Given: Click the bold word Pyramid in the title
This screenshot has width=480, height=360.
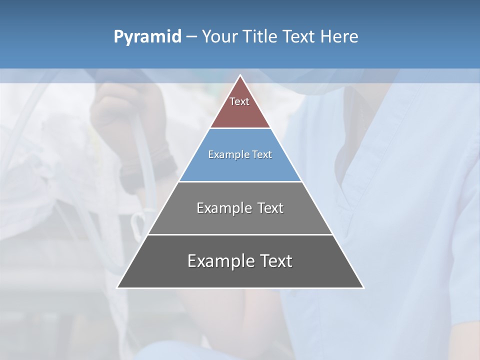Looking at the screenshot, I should coord(147,37).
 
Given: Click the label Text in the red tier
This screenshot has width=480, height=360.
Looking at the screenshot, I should coord(239,101).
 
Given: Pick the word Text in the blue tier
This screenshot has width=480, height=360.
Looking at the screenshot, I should coord(262,154).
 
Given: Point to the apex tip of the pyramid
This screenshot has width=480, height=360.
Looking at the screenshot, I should coord(240,76).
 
